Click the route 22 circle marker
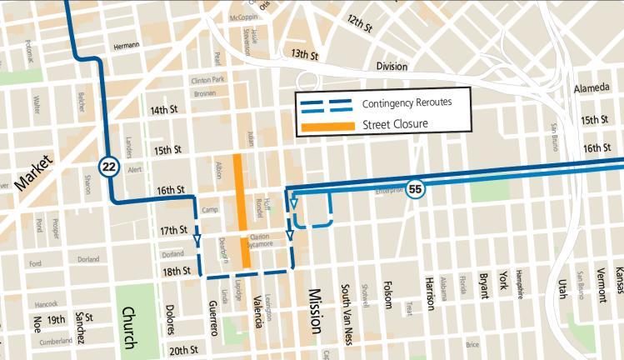(107, 166)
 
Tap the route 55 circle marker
(416, 189)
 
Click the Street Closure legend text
(395, 125)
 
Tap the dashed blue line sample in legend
(327, 105)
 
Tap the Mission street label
(314, 311)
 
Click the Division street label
(392, 67)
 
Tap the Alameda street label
(593, 88)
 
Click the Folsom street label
(387, 296)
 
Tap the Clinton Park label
(208, 80)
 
